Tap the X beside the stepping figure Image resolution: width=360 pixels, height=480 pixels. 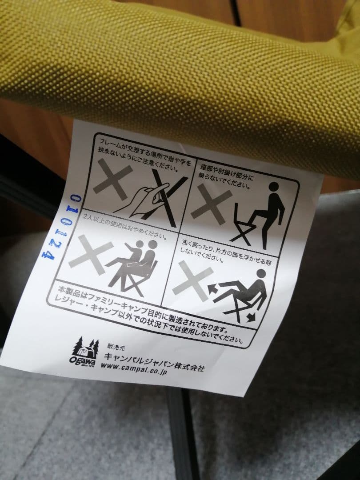tap(211, 204)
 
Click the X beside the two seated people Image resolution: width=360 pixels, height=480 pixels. tap(90, 254)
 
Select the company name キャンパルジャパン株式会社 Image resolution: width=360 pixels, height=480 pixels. tap(154, 362)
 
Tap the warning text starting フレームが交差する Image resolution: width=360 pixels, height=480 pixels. tap(145, 155)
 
